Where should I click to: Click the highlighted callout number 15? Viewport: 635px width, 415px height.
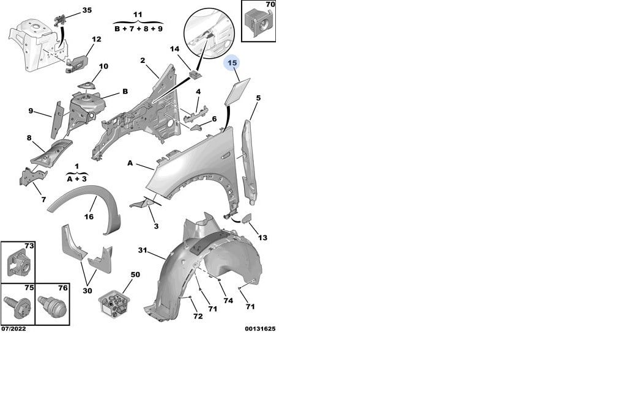point(232,63)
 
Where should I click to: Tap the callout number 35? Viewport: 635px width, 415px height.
point(87,10)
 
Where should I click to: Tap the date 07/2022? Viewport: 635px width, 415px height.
point(13,329)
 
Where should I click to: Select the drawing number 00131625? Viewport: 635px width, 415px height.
point(260,329)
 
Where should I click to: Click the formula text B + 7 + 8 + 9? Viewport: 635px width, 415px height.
point(138,29)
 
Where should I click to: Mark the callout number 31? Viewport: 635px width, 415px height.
point(142,251)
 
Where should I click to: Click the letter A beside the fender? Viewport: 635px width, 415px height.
point(130,163)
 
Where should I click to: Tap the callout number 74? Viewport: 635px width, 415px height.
point(228,301)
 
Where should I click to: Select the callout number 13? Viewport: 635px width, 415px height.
point(262,237)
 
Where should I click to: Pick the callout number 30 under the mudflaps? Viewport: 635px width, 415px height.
point(87,290)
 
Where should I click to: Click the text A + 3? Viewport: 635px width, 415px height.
point(76,179)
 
